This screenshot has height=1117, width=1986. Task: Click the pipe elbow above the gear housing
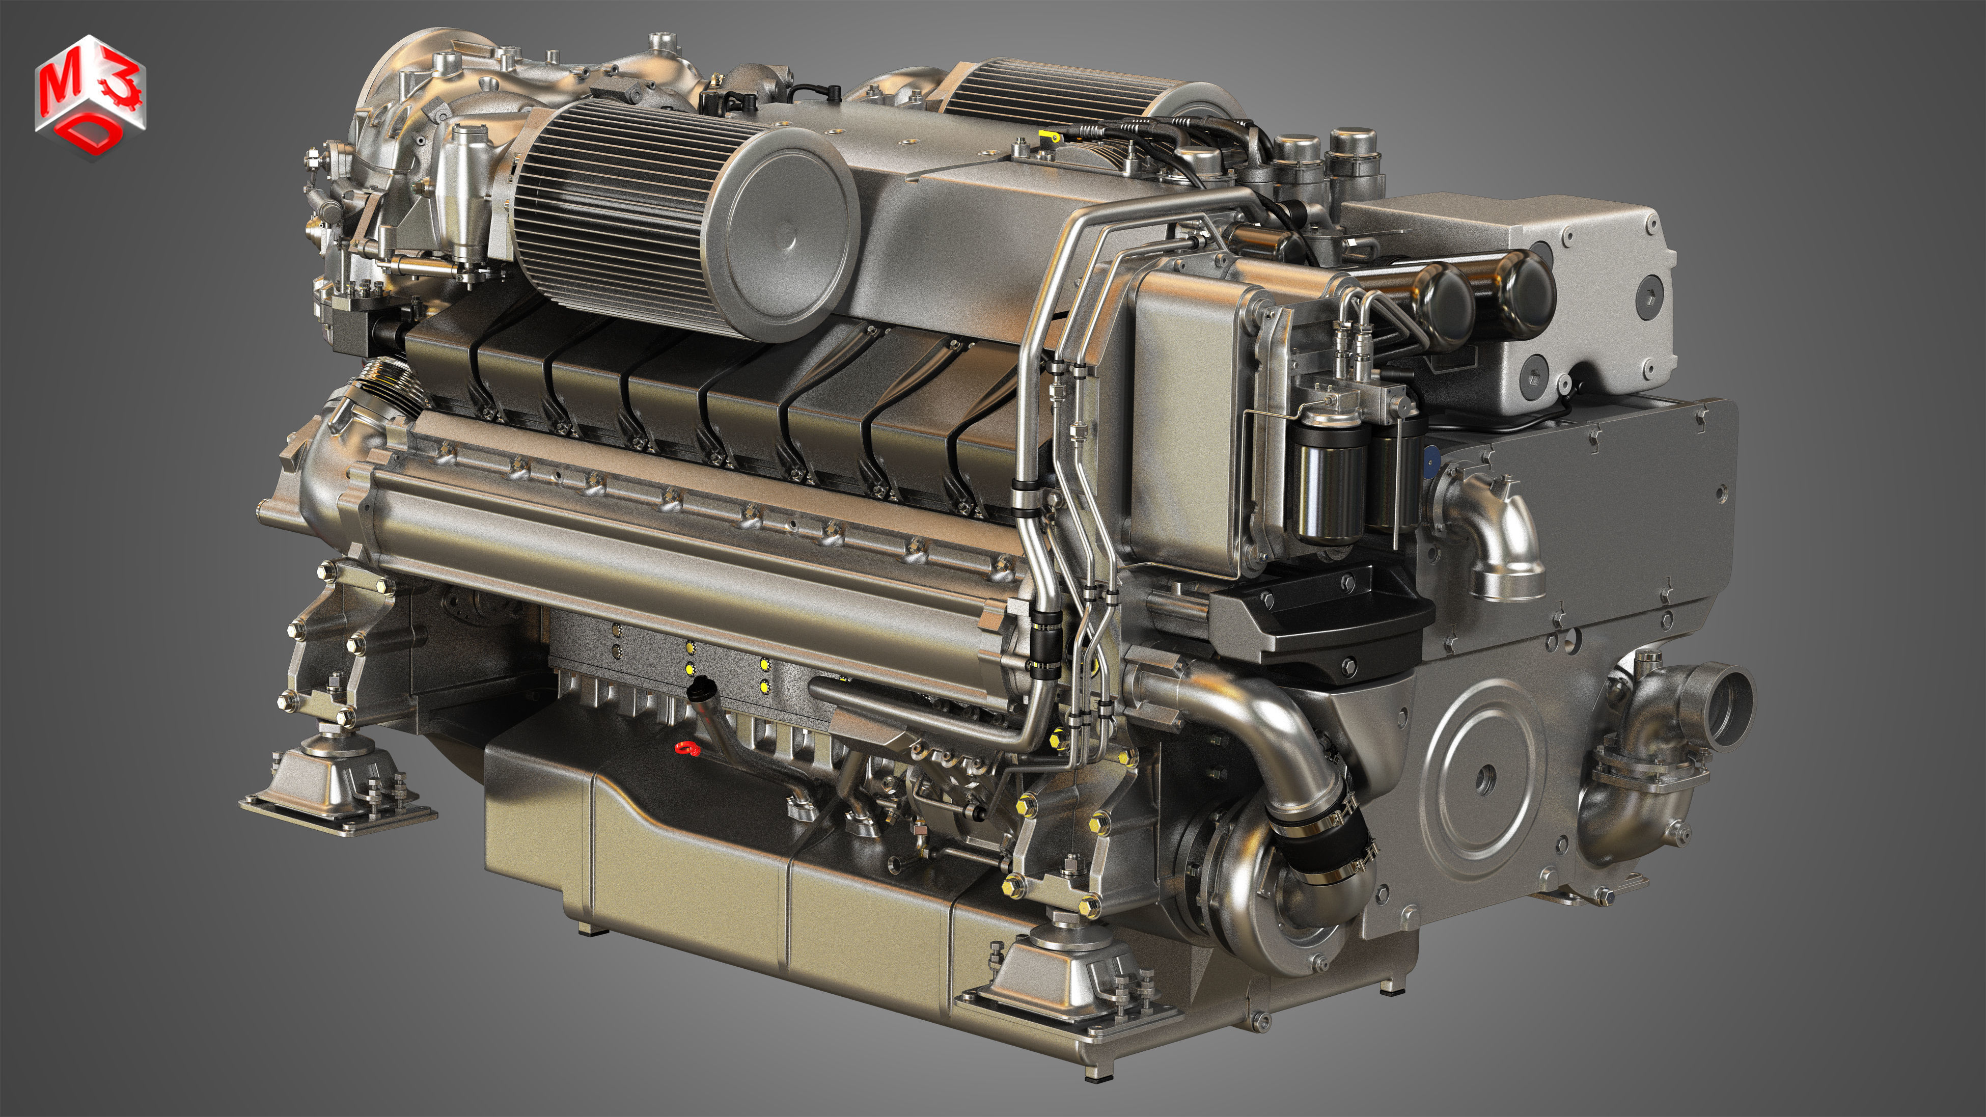click(1500, 532)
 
